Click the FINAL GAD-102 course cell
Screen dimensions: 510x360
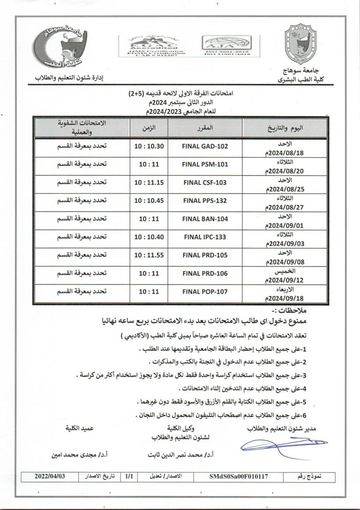click(x=204, y=146)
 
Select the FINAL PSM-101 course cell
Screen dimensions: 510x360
click(x=204, y=164)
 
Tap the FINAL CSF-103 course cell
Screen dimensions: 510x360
click(x=204, y=183)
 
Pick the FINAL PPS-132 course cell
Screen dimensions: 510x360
click(x=204, y=201)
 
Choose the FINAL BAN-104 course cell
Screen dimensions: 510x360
click(x=204, y=219)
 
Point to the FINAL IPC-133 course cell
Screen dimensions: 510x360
click(x=204, y=237)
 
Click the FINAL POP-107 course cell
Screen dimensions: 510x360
click(x=204, y=291)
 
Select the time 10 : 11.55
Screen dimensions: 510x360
click(x=149, y=255)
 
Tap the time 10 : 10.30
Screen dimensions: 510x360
click(x=149, y=146)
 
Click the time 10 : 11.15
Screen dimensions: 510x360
click(x=149, y=183)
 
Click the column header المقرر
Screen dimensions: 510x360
click(x=205, y=127)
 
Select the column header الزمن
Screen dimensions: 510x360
click(x=149, y=127)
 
